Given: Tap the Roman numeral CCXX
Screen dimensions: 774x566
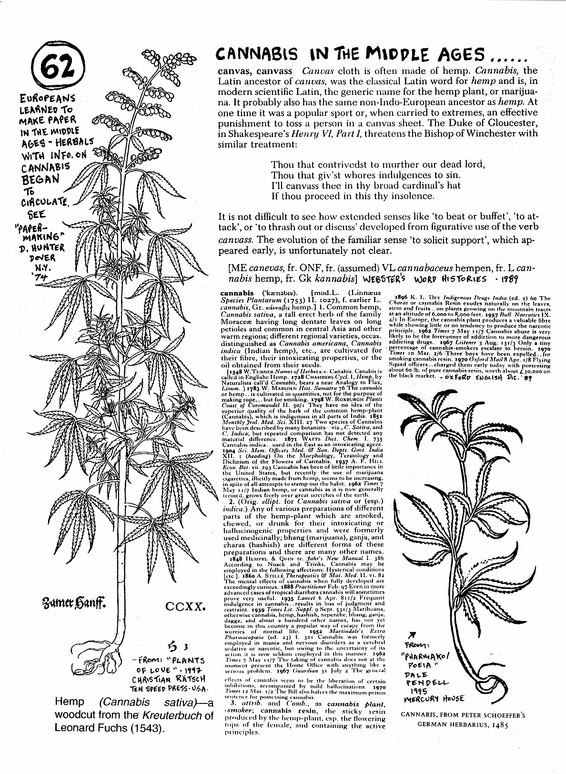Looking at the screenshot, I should (186, 607).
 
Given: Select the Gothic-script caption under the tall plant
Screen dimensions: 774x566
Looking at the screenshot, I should (84, 606).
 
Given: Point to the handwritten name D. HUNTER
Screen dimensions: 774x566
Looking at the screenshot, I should (41, 247).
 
